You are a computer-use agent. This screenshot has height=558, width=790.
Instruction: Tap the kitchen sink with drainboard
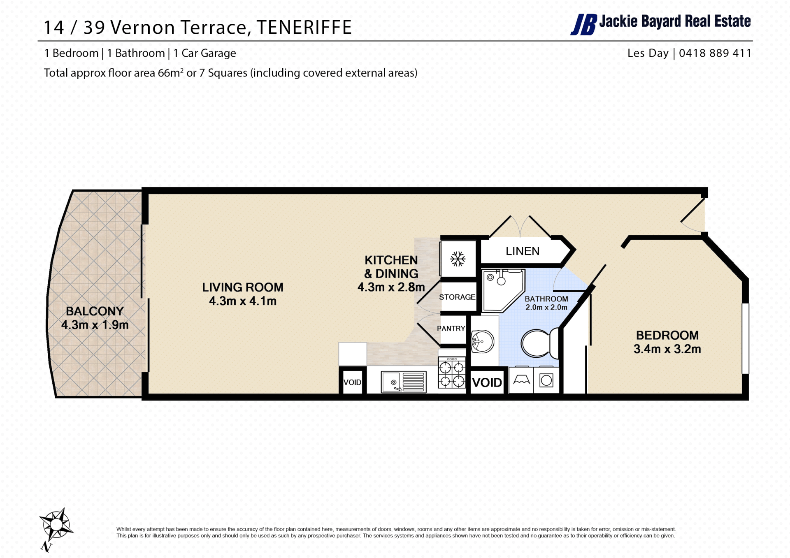tap(404, 382)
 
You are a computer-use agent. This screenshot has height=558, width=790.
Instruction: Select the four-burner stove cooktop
tap(452, 373)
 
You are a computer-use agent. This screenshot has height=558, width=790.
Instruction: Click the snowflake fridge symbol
tap(458, 259)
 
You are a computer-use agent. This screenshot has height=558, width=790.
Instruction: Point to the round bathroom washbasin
tap(482, 341)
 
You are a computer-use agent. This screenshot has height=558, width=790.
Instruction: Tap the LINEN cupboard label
tap(523, 251)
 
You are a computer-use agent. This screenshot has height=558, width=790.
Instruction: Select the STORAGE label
tap(457, 297)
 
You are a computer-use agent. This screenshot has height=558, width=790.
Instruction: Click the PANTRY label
tap(451, 329)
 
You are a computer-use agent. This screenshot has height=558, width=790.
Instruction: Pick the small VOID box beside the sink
tap(353, 382)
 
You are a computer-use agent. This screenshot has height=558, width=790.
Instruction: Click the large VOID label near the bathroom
tap(487, 383)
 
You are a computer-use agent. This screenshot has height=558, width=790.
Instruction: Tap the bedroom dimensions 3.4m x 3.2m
tap(667, 349)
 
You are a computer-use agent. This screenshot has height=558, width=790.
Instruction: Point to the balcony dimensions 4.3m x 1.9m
tap(95, 325)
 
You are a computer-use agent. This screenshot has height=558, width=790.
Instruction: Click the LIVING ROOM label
tap(243, 287)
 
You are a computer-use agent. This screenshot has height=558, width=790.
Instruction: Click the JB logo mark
tap(583, 25)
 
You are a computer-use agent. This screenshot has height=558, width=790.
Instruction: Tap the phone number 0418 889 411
tap(715, 53)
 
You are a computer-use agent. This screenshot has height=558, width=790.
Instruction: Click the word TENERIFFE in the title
tap(304, 28)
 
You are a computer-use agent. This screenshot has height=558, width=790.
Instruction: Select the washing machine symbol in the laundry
tap(546, 380)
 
